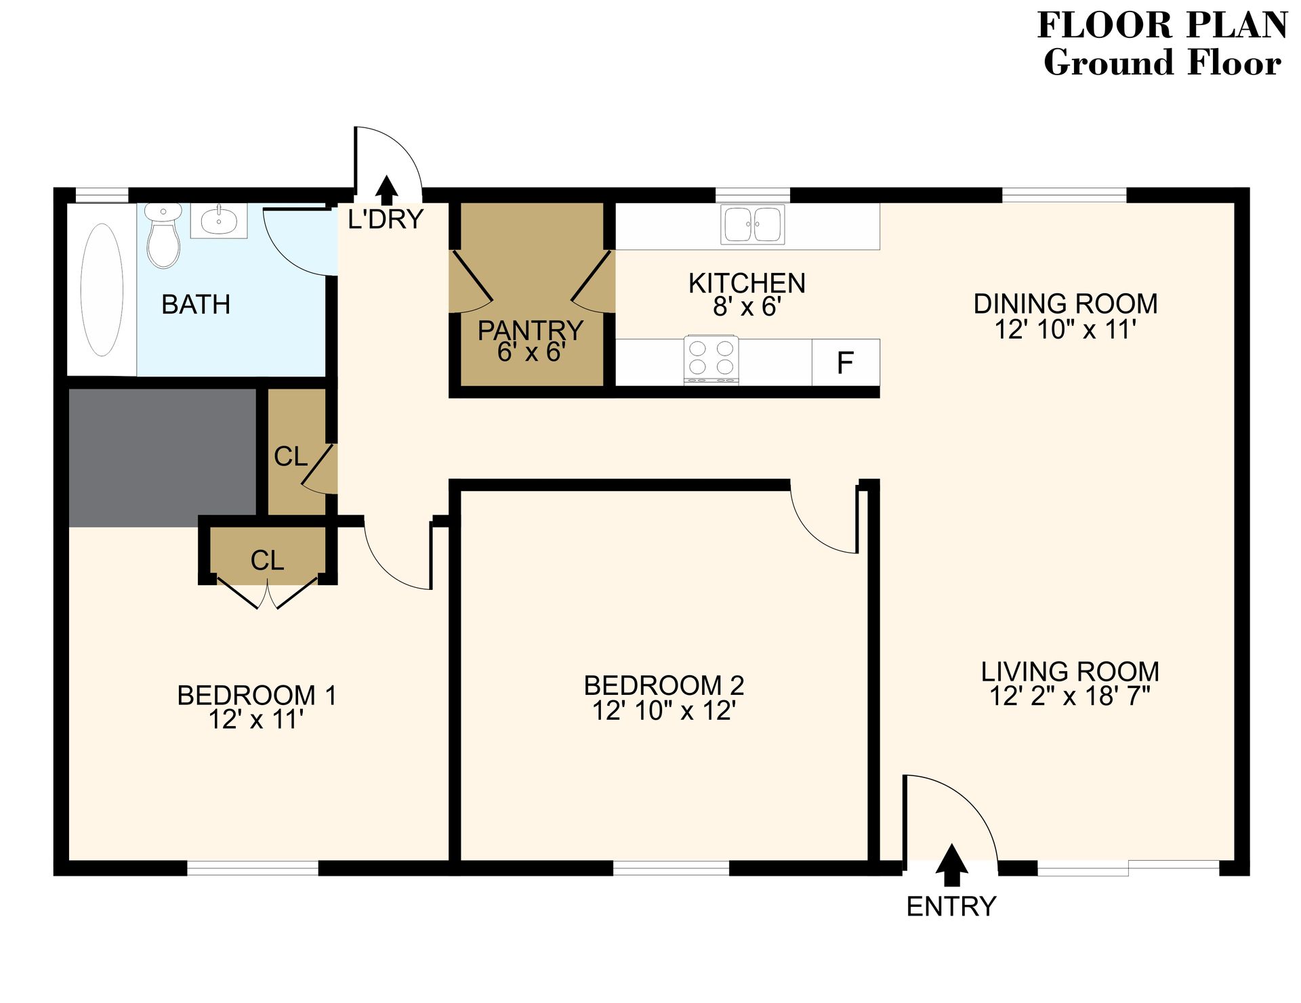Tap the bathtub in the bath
click(102, 290)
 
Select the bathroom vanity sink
click(219, 220)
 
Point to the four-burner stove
click(711, 359)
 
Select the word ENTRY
click(951, 906)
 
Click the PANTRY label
click(530, 330)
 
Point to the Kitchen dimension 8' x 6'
click(747, 307)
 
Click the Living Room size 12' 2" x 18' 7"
click(1070, 696)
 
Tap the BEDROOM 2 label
click(664, 685)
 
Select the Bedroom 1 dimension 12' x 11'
click(255, 719)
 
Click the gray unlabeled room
click(163, 457)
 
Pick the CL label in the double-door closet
click(267, 561)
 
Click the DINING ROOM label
click(1065, 304)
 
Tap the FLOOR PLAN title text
click(1161, 26)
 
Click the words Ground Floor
click(1161, 63)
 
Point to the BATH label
click(196, 305)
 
